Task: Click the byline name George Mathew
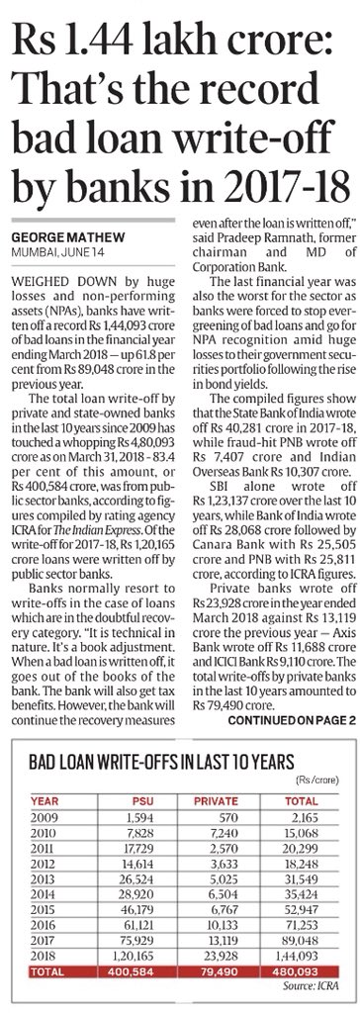tap(54, 239)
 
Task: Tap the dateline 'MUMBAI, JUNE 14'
tap(46, 254)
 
